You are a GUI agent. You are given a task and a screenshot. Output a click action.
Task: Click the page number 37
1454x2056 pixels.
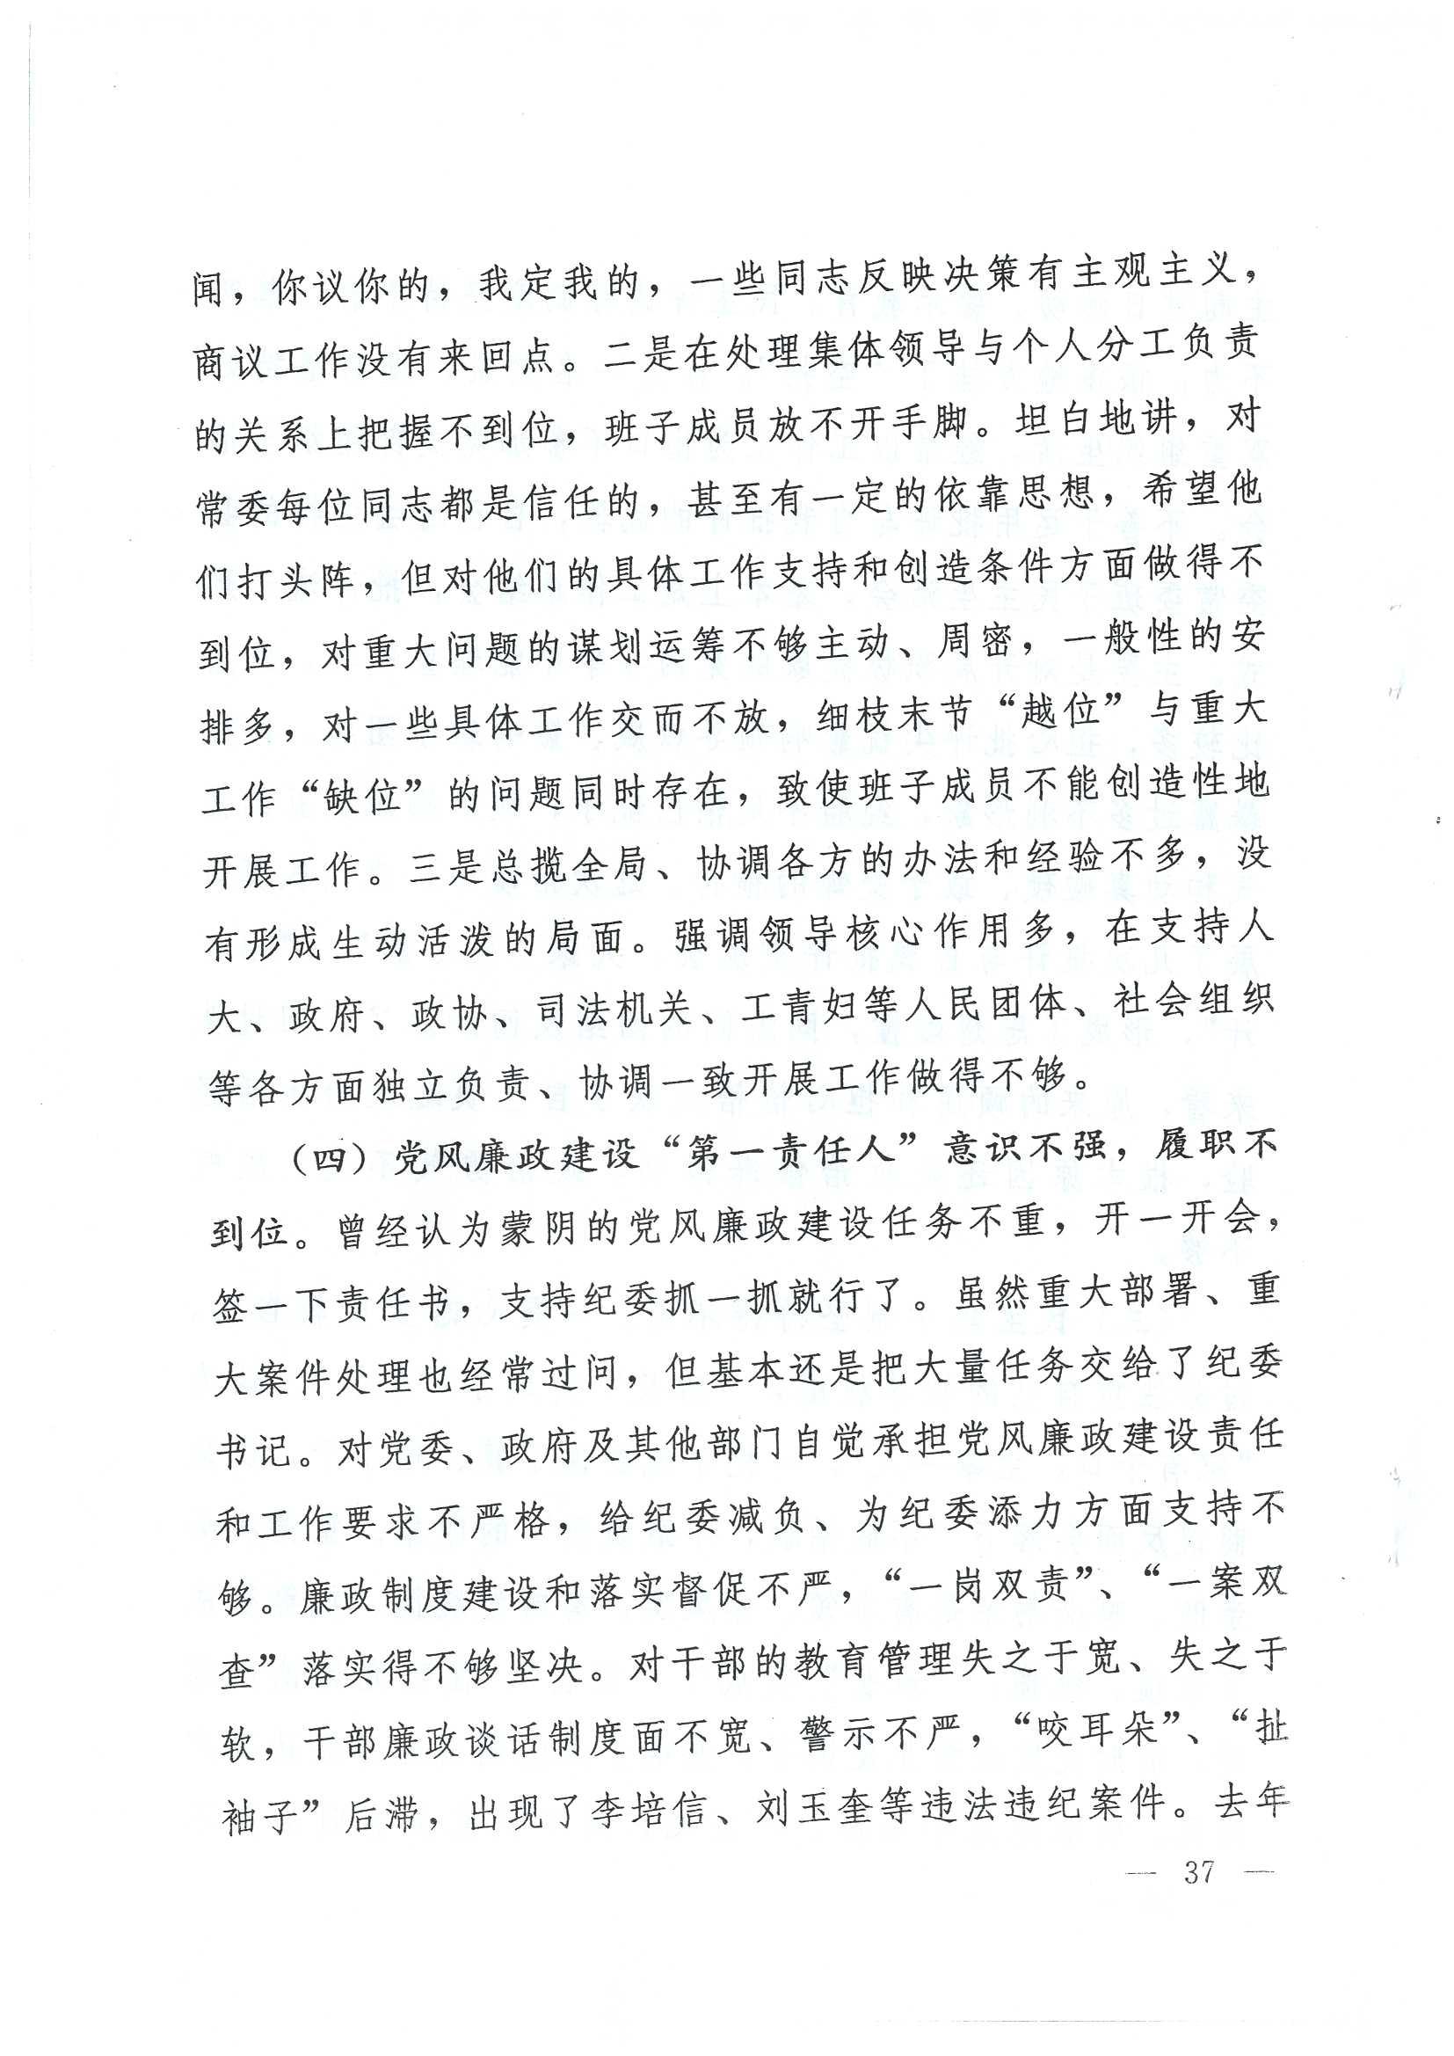pos(1199,1870)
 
